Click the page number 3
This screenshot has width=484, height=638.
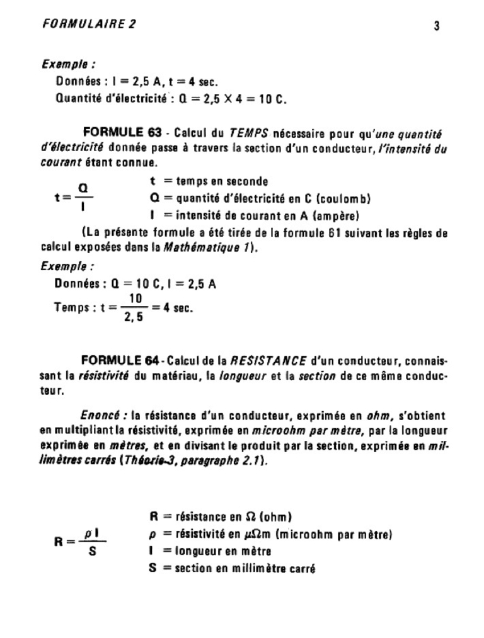[437, 26]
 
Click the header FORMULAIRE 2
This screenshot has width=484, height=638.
[88, 25]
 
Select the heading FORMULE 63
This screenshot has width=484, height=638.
[122, 133]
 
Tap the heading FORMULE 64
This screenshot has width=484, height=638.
[120, 361]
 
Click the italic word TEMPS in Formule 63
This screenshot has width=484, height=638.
[249, 134]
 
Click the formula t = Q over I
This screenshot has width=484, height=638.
[74, 197]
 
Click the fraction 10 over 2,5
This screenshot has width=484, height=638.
[133, 307]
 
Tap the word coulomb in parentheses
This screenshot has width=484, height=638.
[343, 199]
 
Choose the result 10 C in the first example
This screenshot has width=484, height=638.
[272, 99]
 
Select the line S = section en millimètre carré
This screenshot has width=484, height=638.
[232, 568]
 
